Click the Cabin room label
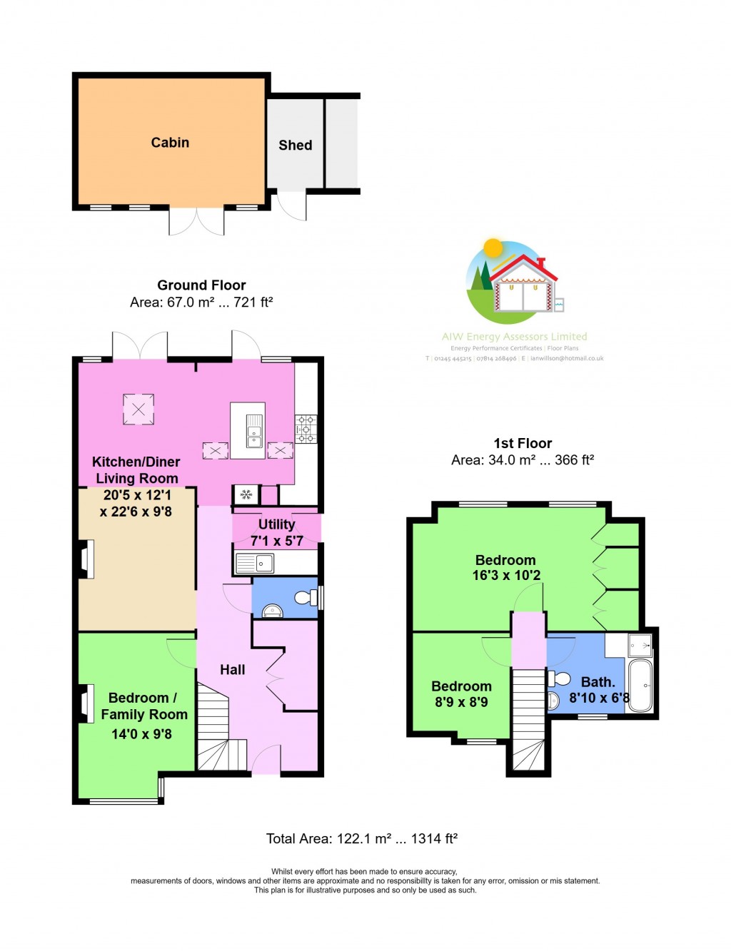tap(170, 143)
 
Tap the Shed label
tap(295, 146)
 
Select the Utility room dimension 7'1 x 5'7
tap(276, 541)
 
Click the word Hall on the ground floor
tap(232, 670)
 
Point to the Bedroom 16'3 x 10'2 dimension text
tap(506, 576)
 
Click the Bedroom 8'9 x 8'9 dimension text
tap(461, 702)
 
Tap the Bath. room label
tap(598, 683)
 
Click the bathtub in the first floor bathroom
tap(640, 686)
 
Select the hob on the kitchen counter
tap(306, 429)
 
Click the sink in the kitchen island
tap(254, 430)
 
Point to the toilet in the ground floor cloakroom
tap(306, 597)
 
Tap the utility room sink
tap(255, 564)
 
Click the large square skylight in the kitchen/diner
tap(138, 410)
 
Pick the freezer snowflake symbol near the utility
tap(246, 494)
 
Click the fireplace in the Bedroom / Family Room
tap(86, 703)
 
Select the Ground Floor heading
tap(201, 285)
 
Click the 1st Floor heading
tap(523, 444)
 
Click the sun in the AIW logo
tap(493, 248)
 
